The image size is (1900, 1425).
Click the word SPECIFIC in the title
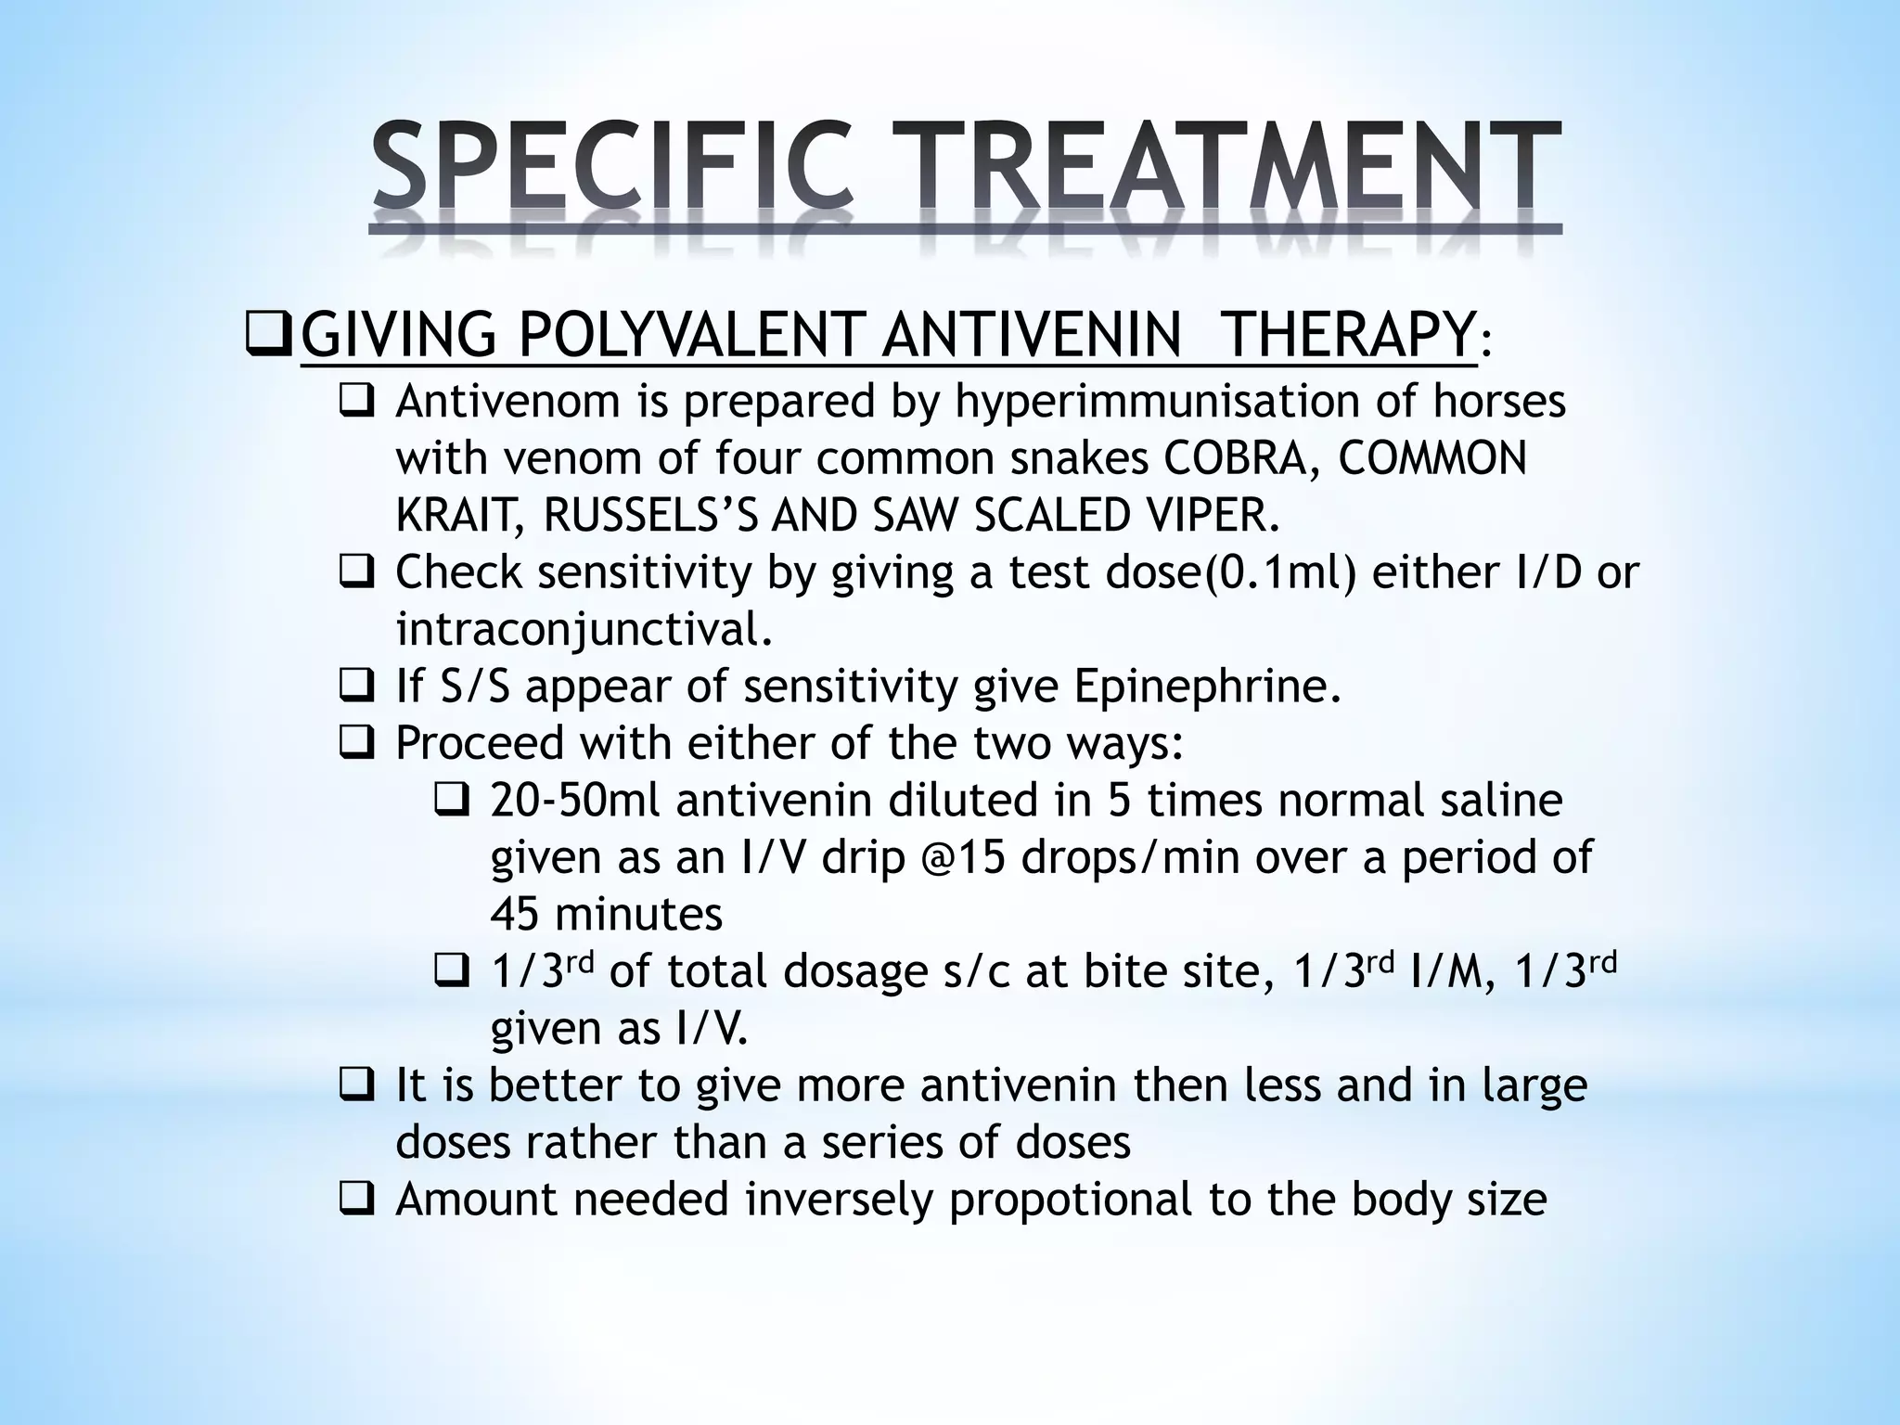pyautogui.click(x=612, y=167)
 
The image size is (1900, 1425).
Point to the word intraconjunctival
pyautogui.click(x=583, y=630)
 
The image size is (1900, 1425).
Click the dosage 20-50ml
pyautogui.click(x=575, y=801)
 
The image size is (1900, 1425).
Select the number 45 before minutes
pyautogui.click(x=514, y=915)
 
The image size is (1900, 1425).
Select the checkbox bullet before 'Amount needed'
pyautogui.click(x=355, y=1200)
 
